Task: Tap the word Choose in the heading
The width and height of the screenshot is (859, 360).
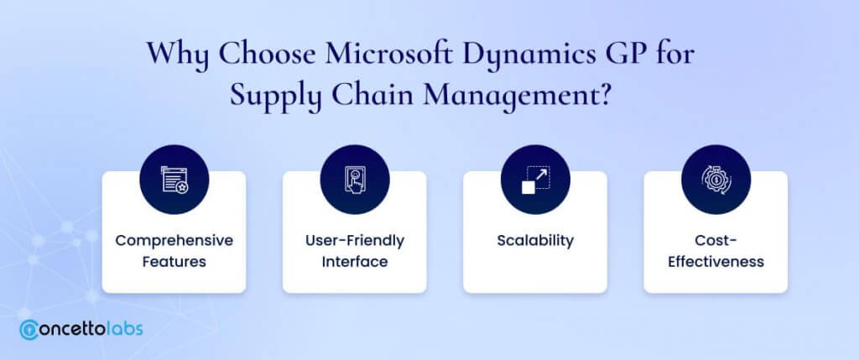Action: pyautogui.click(x=266, y=54)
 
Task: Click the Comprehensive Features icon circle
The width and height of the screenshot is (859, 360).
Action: pyautogui.click(x=174, y=180)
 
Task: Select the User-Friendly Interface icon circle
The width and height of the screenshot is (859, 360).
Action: pyautogui.click(x=355, y=180)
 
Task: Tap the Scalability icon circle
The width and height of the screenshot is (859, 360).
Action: pyautogui.click(x=535, y=180)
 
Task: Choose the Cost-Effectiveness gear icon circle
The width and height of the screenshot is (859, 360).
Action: pyautogui.click(x=716, y=180)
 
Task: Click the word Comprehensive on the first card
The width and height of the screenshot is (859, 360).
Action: pyautogui.click(x=174, y=241)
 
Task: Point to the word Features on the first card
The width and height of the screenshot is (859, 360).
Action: pyautogui.click(x=174, y=261)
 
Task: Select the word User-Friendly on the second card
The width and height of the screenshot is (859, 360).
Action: pyautogui.click(x=355, y=241)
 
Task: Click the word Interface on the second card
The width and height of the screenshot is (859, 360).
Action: pyautogui.click(x=355, y=261)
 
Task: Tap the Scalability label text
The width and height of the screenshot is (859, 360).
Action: pyautogui.click(x=535, y=241)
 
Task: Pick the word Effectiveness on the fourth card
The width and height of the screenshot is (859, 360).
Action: pyautogui.click(x=716, y=261)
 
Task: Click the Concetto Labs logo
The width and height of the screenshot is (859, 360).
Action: pyautogui.click(x=81, y=329)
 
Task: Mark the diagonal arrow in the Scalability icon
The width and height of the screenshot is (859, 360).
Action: pyautogui.click(x=541, y=175)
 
